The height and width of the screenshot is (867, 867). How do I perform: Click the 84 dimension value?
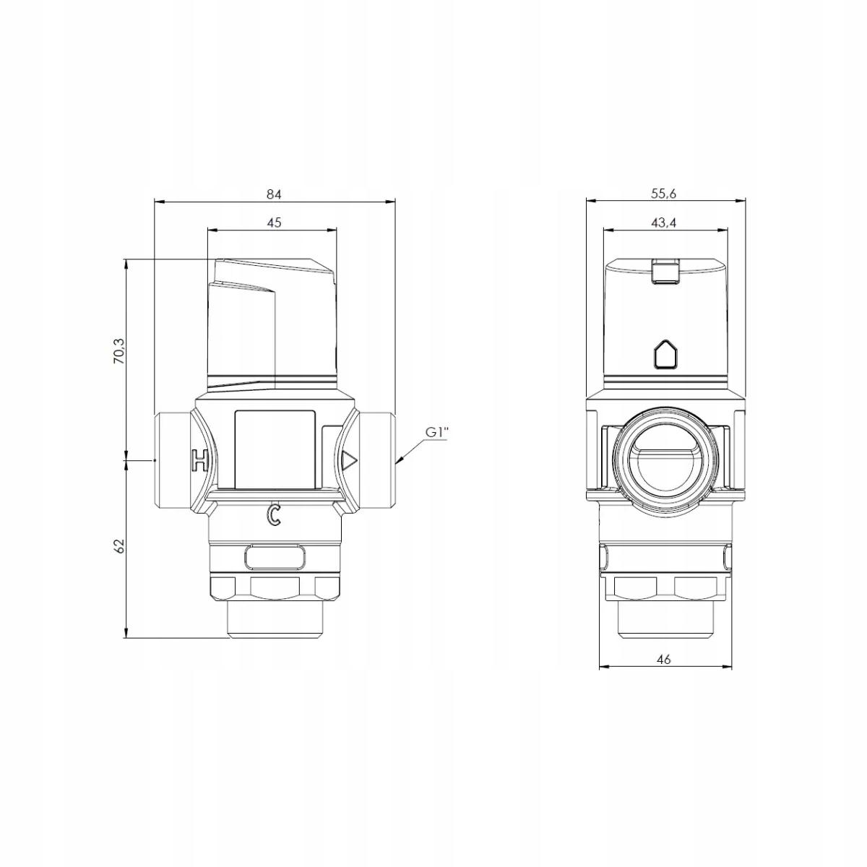pyautogui.click(x=273, y=194)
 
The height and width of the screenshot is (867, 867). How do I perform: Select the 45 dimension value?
pyautogui.click(x=273, y=223)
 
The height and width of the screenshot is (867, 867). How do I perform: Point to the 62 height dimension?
pyautogui.click(x=120, y=546)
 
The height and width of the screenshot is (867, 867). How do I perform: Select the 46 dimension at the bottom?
pyautogui.click(x=665, y=659)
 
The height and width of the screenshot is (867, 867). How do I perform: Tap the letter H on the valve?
pyautogui.click(x=199, y=460)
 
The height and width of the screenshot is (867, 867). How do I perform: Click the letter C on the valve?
pyautogui.click(x=273, y=514)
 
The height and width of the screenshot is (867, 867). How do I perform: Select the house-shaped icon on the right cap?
pyautogui.click(x=665, y=355)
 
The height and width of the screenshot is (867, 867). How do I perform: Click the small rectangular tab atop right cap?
pyautogui.click(x=665, y=272)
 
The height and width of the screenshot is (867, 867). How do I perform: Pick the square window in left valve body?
pyautogui.click(x=275, y=448)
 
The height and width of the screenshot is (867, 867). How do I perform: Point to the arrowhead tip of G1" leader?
pyautogui.click(x=397, y=462)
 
